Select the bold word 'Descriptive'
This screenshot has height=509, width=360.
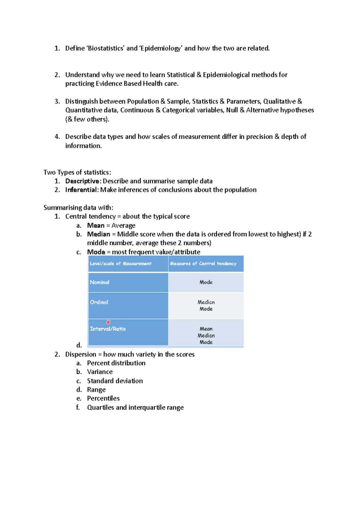point(82,181)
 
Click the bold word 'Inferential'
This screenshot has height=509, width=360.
point(81,190)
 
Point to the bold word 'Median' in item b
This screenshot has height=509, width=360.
point(98,234)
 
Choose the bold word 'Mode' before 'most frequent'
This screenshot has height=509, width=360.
point(96,252)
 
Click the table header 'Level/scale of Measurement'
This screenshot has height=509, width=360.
point(121,263)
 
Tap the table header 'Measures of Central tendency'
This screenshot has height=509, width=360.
point(203,263)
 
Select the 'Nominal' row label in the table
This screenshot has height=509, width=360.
point(100,282)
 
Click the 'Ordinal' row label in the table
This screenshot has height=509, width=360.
point(99,302)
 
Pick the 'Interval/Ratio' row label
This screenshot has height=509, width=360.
point(108,329)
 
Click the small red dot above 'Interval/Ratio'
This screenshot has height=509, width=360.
point(108,322)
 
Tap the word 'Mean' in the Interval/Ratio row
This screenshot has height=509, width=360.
point(206,329)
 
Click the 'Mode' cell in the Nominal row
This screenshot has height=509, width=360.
point(206,282)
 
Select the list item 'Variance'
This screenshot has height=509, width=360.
point(100,372)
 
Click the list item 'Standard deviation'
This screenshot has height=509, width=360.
point(115,381)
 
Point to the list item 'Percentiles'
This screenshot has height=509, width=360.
point(103,398)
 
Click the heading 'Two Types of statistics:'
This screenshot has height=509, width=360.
point(77,172)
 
